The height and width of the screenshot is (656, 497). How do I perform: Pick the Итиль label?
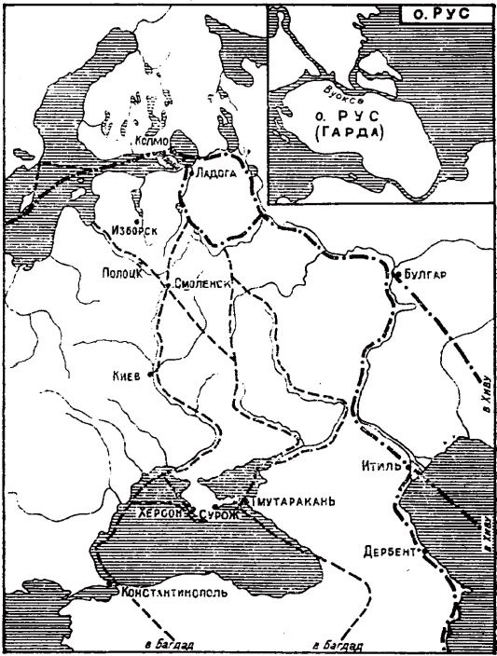pos(381,465)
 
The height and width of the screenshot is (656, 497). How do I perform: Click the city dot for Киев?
pos(151,376)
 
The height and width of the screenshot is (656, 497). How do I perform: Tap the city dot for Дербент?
pos(423,550)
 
